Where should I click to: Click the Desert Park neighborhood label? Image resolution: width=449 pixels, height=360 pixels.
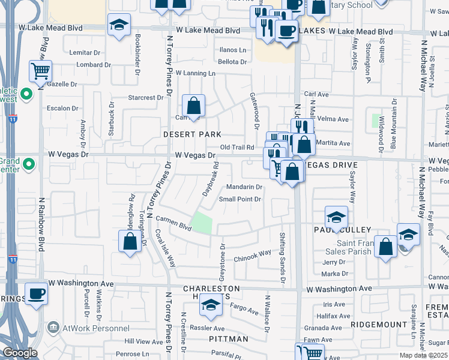(x=192, y=135)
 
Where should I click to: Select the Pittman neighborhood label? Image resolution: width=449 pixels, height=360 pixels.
(x=229, y=339)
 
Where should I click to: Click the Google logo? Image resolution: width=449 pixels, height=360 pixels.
(x=20, y=353)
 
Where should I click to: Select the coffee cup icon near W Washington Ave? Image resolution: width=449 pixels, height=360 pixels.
(x=36, y=293)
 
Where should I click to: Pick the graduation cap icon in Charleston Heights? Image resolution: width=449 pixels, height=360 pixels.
(x=210, y=306)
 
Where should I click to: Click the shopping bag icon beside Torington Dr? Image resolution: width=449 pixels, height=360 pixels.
(x=130, y=242)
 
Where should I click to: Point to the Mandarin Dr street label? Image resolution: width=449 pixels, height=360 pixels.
(x=244, y=187)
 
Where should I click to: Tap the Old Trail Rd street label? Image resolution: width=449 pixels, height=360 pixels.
(x=238, y=147)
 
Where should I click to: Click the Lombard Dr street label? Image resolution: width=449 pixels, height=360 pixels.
(x=90, y=65)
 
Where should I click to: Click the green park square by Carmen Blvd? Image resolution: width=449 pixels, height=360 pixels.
(x=203, y=223)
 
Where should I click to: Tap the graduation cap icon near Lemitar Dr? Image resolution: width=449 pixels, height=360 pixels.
(x=119, y=25)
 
